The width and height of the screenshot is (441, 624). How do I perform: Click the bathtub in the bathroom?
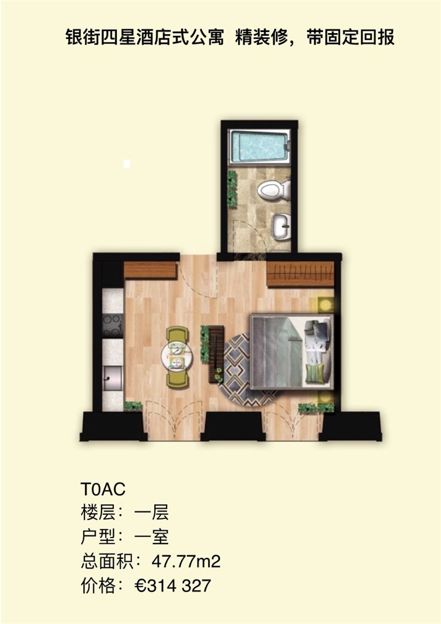pos(259,146)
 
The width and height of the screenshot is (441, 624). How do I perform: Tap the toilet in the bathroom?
pos(273,190)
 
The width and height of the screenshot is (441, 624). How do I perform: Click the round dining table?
pos(176,357)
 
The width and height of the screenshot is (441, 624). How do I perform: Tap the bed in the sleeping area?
pos(292,352)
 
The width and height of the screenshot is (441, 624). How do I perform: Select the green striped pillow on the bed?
pos(316,374)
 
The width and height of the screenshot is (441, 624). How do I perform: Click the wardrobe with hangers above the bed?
pos(300,274)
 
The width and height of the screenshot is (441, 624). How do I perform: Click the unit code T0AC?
pos(103,489)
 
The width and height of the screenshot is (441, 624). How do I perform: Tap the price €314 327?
pos(173,586)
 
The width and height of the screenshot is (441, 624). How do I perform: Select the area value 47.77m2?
pos(186,562)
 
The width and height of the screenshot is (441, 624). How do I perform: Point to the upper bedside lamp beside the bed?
pos(325,305)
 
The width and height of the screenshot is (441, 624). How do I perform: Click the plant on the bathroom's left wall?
pos(232,188)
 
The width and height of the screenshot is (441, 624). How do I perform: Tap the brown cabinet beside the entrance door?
pos(150,270)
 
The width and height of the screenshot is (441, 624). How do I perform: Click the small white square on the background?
pos(127,164)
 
